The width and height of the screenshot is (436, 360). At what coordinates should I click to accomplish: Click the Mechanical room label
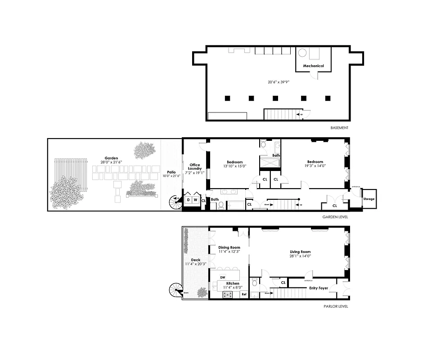pos(313,66)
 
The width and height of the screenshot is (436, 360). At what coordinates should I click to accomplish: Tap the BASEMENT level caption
pos(339,128)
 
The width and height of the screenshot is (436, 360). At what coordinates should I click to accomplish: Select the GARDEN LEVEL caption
pos(335,217)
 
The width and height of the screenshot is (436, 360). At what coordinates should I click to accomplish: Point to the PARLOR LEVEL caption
pos(336,306)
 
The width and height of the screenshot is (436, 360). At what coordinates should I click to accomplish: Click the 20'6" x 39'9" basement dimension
pos(277,82)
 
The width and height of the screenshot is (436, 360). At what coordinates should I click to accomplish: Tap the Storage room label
pos(369,199)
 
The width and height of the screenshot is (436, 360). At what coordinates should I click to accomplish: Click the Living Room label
pos(300,252)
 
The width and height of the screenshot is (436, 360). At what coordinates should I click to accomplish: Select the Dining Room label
pos(229,247)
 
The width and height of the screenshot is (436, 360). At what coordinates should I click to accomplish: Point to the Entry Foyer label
pos(318,288)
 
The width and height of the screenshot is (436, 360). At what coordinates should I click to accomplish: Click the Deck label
pos(195,260)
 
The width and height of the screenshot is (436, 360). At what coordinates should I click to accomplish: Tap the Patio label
pos(171,172)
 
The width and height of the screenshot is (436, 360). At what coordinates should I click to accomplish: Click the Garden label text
pos(111,158)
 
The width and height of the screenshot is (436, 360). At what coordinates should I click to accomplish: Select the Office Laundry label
pos(195,167)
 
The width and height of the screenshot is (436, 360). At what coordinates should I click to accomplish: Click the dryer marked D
pos(188,199)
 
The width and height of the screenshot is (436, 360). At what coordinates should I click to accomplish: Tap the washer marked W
pos(196,199)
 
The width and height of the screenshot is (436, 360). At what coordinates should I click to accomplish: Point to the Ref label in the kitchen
pos(244,294)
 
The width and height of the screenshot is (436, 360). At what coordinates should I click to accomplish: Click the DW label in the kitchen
pos(223,277)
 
